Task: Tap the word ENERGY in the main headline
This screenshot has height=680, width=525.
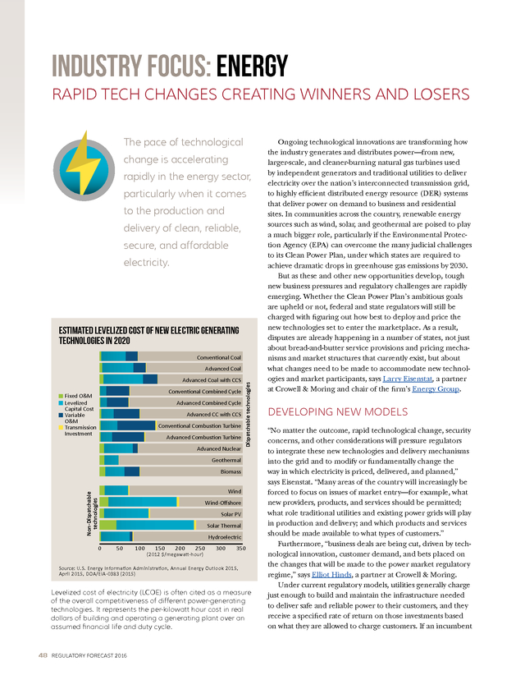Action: (x=252, y=67)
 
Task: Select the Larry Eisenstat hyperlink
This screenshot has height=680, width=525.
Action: (x=407, y=379)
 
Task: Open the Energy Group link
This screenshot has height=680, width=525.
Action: (x=436, y=389)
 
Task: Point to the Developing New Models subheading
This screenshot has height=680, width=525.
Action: (x=338, y=411)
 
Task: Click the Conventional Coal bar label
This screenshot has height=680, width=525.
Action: (x=219, y=357)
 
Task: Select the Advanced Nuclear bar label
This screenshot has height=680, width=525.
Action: (x=219, y=449)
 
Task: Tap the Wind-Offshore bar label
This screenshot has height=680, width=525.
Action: (x=222, y=503)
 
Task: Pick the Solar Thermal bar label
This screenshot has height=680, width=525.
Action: (x=224, y=526)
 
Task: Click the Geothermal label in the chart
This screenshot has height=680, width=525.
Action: (x=226, y=460)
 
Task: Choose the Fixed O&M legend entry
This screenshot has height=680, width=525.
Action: (x=75, y=396)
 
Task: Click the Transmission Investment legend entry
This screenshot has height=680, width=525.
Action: (x=78, y=430)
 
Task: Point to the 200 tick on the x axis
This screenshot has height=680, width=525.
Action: (x=180, y=548)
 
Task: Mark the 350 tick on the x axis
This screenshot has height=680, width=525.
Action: (x=241, y=548)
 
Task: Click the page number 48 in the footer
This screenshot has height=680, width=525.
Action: (x=43, y=655)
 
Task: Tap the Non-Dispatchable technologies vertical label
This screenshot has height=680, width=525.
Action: (x=92, y=513)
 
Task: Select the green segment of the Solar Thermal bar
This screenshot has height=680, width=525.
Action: (x=107, y=525)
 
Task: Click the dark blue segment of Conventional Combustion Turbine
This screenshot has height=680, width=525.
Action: (x=136, y=425)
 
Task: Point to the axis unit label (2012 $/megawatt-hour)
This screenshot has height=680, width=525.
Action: (x=175, y=554)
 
